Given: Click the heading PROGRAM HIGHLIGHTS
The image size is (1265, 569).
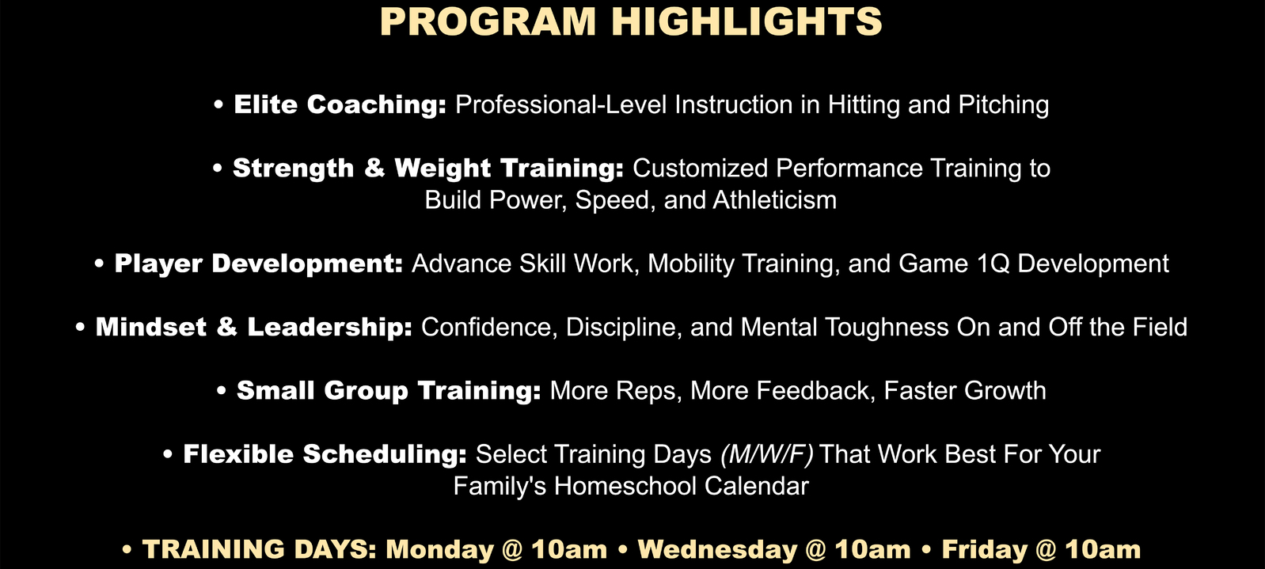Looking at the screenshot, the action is coord(631,21).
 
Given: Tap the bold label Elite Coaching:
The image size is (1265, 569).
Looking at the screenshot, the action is coord(340,105).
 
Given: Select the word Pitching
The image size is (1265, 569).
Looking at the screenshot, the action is coord(1004,105).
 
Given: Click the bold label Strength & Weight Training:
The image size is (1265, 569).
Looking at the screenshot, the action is coord(428,169).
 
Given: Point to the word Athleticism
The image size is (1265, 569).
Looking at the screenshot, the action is coord(775,200).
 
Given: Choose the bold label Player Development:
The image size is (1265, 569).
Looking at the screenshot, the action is coord(259,264).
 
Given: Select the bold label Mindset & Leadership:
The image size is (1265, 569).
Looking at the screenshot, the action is coord(254,328).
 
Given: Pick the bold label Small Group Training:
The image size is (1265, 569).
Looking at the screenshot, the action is coord(389,391).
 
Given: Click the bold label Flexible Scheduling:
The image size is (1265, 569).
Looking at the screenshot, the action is coord(325,454).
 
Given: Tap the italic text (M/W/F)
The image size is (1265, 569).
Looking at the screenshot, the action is coord(767,454).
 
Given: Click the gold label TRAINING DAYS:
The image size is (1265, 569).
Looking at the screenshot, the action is coord(259,549).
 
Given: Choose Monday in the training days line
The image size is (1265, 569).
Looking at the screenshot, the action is coord(440,549).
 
